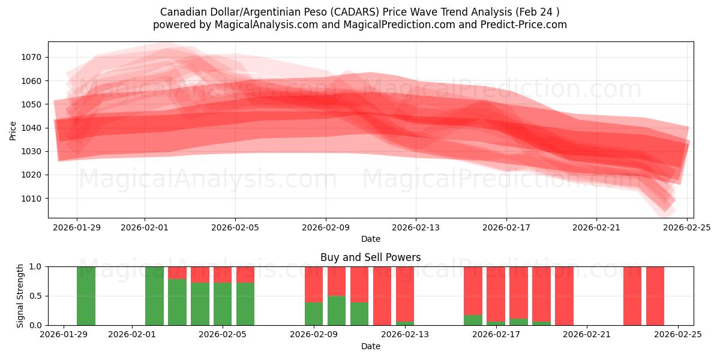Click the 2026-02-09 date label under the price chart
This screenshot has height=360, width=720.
[326, 227]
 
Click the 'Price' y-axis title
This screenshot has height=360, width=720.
[13, 130]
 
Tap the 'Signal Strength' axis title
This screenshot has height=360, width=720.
[20, 295]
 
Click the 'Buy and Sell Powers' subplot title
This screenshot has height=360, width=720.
[370, 257]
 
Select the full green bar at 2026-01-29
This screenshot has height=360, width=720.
[86, 296]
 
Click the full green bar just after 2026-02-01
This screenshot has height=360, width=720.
[154, 296]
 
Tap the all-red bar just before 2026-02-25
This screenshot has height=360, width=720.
[655, 296]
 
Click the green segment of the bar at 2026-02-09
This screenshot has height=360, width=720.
[314, 313]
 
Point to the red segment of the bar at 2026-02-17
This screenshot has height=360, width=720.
[496, 293]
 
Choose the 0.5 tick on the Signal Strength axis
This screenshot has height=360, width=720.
[36, 296]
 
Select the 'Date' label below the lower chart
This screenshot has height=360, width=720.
[370, 346]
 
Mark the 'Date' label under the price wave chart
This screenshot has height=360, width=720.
[370, 239]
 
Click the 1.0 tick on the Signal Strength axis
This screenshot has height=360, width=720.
[36, 266]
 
